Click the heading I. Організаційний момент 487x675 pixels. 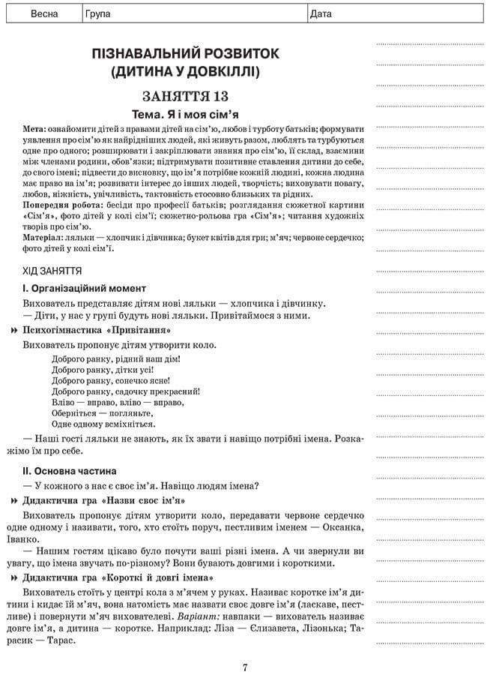84,288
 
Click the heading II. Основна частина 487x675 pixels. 70,471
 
